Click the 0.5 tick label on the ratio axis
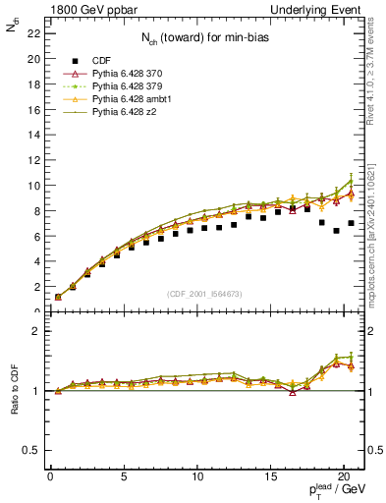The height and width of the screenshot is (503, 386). [x=28, y=450]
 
